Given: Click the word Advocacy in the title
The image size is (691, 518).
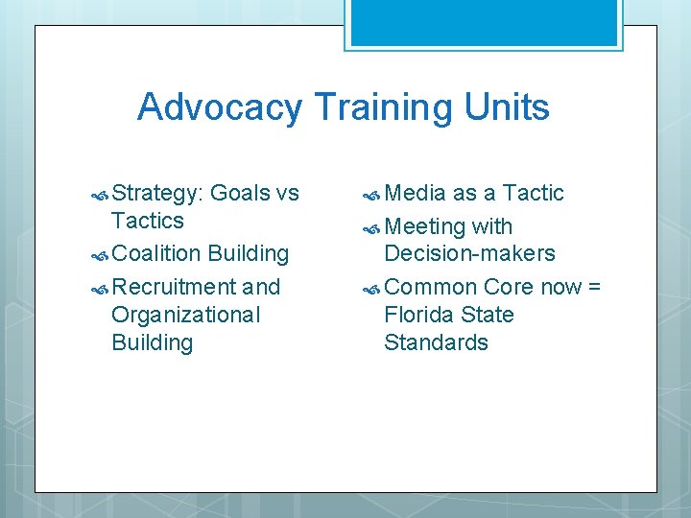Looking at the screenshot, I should click(219, 107).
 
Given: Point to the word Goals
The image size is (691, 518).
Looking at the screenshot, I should click(240, 193).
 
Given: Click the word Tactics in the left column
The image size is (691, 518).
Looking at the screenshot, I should click(147, 221).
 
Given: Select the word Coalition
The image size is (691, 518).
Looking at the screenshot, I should click(155, 254).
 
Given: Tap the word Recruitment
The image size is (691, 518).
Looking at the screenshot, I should click(174, 287).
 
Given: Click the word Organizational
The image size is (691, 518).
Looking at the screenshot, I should click(185, 315).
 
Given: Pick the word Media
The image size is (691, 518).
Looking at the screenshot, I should click(415, 193).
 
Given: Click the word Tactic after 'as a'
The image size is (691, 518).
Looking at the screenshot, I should click(533, 193).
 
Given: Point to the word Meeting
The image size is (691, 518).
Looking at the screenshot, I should click(424, 227).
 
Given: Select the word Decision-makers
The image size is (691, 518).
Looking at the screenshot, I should click(469, 254).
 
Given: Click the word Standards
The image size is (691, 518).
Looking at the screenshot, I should click(436, 342).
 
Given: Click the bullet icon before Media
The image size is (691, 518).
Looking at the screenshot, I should click(371, 194).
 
